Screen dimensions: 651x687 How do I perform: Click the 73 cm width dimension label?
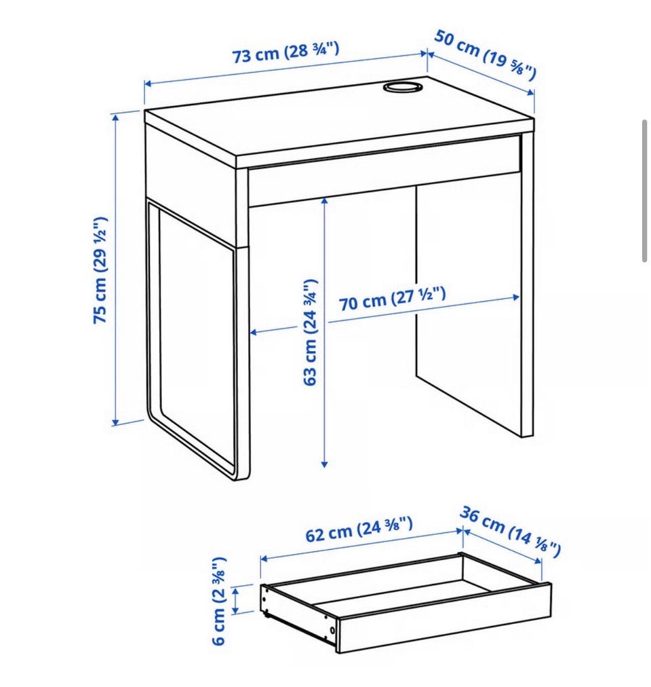point(285,52)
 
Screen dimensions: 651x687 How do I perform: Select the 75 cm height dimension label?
point(100,270)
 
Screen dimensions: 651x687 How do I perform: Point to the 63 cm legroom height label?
point(310,332)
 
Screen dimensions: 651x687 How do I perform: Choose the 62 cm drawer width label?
point(359,530)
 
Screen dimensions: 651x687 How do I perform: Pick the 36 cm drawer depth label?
point(511,532)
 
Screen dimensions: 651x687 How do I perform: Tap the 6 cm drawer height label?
point(219,601)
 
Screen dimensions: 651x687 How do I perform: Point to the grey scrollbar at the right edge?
point(644,191)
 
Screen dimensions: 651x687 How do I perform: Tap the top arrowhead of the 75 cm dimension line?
point(115,117)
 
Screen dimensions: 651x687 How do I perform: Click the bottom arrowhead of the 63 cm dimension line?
point(324,464)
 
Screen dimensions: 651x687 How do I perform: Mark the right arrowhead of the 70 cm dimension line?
point(516,297)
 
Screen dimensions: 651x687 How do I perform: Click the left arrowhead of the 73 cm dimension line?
point(149,83)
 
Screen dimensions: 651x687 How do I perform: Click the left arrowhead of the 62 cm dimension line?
point(264,559)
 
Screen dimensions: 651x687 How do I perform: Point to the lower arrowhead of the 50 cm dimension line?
point(530,92)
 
